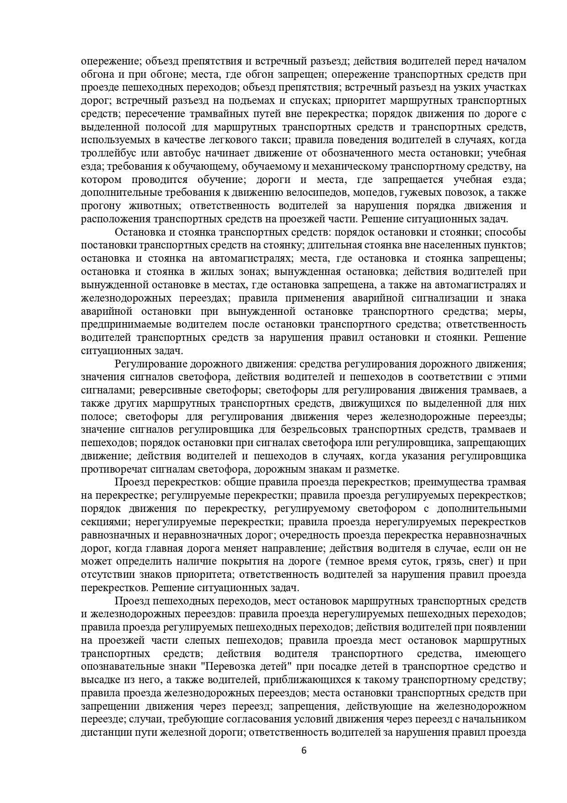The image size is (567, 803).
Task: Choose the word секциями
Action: click(x=101, y=522)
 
